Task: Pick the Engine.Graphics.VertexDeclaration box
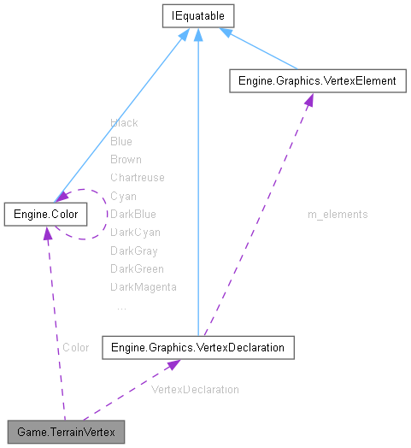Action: tap(198, 347)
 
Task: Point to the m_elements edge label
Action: tap(338, 215)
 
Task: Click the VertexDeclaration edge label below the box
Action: tap(195, 389)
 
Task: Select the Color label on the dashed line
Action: tap(75, 348)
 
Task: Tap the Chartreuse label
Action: tap(137, 178)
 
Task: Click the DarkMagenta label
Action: tap(143, 287)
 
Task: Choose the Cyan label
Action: tap(123, 196)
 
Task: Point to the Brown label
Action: tap(126, 160)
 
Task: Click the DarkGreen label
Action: tap(137, 269)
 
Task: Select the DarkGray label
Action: tap(133, 251)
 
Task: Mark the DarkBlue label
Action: tap(132, 215)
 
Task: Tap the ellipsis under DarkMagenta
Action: tap(120, 305)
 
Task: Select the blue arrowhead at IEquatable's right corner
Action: tap(226, 32)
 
